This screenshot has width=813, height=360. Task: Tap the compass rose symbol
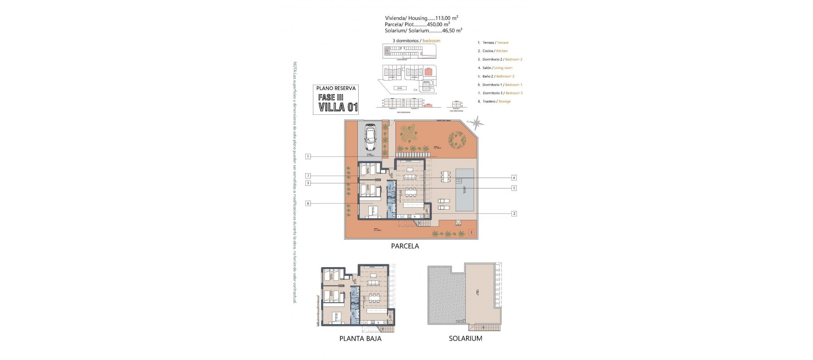point(477,123)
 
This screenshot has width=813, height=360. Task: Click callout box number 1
point(308,157)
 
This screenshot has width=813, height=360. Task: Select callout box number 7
point(308,176)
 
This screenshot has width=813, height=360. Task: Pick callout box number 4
point(514,178)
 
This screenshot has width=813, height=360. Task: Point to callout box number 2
point(514,213)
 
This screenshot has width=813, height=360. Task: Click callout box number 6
point(308,203)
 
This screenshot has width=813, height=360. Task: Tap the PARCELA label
point(405,246)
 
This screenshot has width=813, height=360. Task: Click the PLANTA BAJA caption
point(360,338)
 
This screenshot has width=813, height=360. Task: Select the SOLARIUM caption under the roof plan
point(465,338)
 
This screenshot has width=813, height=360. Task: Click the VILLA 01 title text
point(338,107)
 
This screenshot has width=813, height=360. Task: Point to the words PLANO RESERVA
point(336,89)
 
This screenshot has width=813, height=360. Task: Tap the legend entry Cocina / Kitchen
point(495,51)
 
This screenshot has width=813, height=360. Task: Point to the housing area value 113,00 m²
point(447,18)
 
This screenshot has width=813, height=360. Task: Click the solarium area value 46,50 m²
point(451,30)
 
